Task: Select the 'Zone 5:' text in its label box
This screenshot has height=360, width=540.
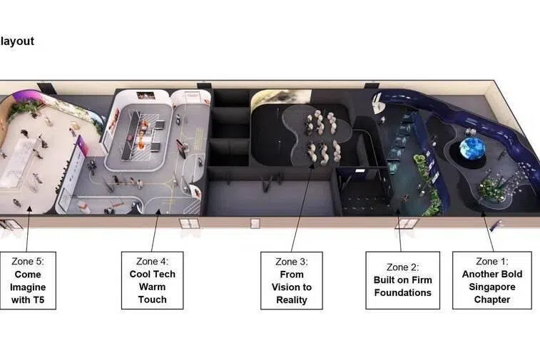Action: [x=28, y=262]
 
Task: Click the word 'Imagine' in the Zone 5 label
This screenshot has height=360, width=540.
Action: [x=28, y=287]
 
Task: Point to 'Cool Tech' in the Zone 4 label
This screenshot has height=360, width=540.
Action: [x=152, y=274]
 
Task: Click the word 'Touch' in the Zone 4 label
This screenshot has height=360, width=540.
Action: [x=152, y=299]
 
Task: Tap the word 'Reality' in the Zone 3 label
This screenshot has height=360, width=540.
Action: [x=291, y=300]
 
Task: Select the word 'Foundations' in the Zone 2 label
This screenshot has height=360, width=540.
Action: [x=402, y=292]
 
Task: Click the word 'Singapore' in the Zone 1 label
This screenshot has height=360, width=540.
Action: [x=491, y=287]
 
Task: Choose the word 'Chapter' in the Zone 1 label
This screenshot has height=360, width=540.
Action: [x=491, y=299]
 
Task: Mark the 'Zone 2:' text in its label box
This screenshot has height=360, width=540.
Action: [x=402, y=267]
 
